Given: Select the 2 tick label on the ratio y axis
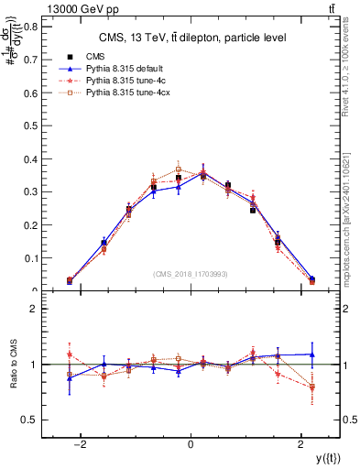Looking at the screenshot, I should pos(36,309).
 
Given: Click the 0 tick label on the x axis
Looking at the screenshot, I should pos(190,443).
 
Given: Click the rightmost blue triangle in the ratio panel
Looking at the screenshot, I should pos(312,354).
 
